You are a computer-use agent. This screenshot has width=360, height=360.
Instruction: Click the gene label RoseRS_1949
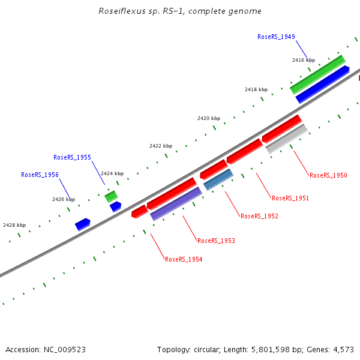tap(276, 37)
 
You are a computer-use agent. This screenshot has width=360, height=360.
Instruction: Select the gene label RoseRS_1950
tap(328, 175)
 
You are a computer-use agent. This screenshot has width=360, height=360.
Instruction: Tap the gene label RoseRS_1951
tap(290, 198)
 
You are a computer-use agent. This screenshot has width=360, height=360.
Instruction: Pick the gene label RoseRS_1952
tap(259, 216)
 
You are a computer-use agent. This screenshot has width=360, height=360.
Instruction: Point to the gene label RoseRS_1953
tap(216, 241)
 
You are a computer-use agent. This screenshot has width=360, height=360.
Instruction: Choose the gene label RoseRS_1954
tap(184, 259)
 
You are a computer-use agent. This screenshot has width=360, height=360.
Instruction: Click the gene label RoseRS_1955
tap(72, 157)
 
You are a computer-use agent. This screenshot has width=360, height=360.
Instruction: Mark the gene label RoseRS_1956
tap(40, 175)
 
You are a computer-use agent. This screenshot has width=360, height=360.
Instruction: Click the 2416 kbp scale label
tap(304, 60)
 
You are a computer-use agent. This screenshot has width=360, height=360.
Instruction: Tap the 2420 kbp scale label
tap(209, 118)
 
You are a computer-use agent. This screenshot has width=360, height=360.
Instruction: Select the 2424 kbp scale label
tap(112, 173)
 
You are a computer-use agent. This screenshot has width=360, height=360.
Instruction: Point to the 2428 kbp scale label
tap(14, 225)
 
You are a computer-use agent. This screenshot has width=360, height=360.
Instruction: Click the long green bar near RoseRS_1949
tap(317, 75)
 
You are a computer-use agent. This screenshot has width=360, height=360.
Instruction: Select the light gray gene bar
tap(287, 139)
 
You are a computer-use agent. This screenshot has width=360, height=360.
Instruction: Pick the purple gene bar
tap(176, 203)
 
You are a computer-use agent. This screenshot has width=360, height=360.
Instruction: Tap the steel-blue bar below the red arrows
tap(218, 179)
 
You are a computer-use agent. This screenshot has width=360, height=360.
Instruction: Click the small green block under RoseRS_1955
tap(111, 196)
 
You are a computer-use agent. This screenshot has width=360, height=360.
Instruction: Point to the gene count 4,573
tap(343, 349)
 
